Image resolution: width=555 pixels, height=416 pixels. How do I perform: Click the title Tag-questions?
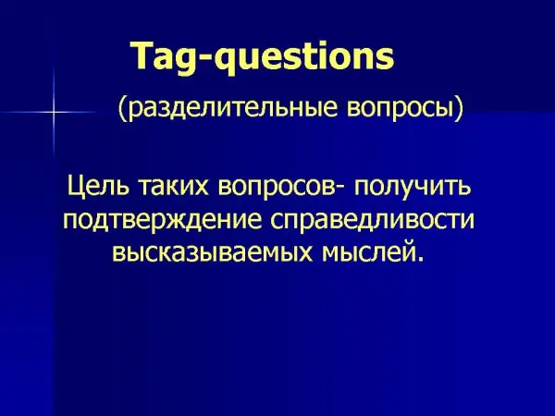tap(263, 57)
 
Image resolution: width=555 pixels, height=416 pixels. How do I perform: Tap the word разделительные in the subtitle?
tap(232, 107)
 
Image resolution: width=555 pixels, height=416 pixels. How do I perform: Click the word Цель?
tap(98, 186)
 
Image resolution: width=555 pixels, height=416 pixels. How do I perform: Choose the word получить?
tap(413, 188)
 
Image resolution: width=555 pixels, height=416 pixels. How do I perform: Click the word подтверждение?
tap(163, 221)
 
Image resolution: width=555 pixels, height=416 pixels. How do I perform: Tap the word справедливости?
tap(373, 221)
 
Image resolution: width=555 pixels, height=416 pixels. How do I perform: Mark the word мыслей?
tap(368, 251)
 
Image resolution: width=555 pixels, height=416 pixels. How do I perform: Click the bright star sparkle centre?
tap(55, 113)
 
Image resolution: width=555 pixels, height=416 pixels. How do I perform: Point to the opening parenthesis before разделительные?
tap(122, 109)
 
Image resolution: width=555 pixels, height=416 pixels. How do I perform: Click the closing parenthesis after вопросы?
tap(459, 109)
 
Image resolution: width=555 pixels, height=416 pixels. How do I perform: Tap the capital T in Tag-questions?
tap(144, 56)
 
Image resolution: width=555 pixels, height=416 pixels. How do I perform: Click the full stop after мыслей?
tap(420, 259)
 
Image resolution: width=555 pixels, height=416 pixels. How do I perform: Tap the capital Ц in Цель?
tap(76, 187)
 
